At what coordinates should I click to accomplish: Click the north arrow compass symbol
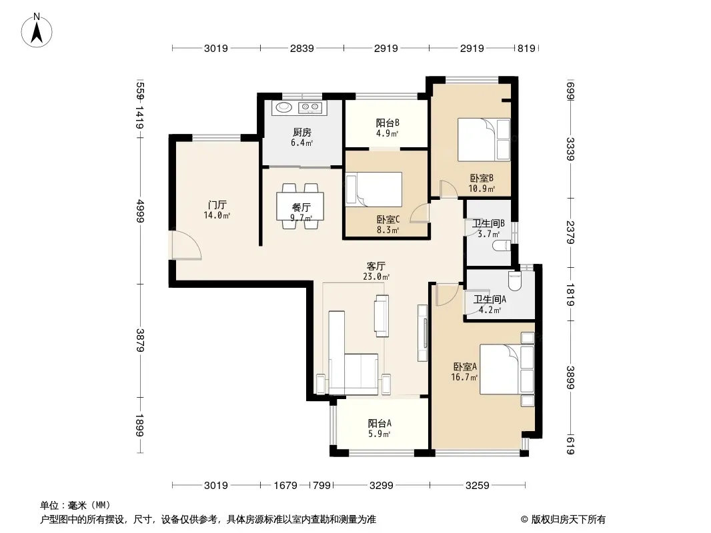(37, 31)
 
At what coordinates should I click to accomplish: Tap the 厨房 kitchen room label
(302, 132)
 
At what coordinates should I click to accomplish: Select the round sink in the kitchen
(285, 107)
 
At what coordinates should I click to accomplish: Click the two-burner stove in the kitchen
(310, 107)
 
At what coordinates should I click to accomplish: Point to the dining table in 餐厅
(300, 206)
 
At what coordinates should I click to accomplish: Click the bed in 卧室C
(374, 189)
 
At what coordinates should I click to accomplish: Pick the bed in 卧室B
(484, 139)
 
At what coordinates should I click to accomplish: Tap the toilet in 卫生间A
(515, 280)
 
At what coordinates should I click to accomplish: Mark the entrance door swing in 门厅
(186, 245)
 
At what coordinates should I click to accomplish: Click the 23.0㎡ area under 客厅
(376, 276)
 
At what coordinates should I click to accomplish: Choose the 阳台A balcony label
(380, 424)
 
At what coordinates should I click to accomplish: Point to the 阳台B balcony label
(388, 123)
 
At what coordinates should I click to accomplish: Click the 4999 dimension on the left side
(139, 211)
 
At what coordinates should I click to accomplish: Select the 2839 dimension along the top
(302, 48)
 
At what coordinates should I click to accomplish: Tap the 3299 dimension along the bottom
(382, 486)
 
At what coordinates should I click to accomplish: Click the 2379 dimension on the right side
(570, 233)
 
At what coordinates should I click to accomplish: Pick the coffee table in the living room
(382, 316)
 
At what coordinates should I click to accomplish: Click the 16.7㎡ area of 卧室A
(464, 377)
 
